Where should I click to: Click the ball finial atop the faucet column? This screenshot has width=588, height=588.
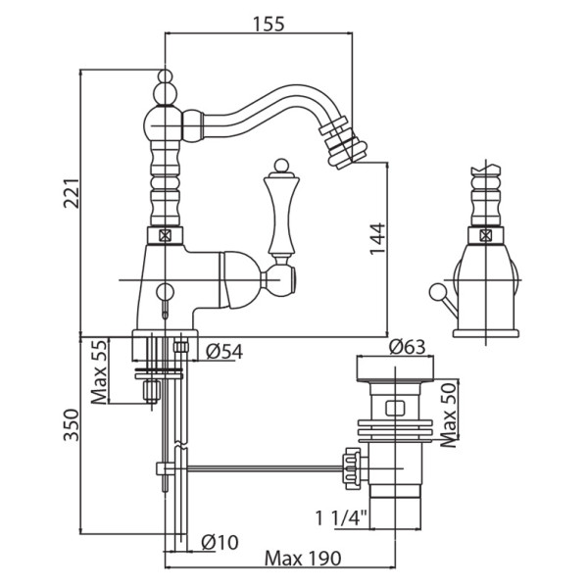pos(166,78)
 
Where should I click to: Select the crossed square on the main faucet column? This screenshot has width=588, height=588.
pos(164,236)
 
